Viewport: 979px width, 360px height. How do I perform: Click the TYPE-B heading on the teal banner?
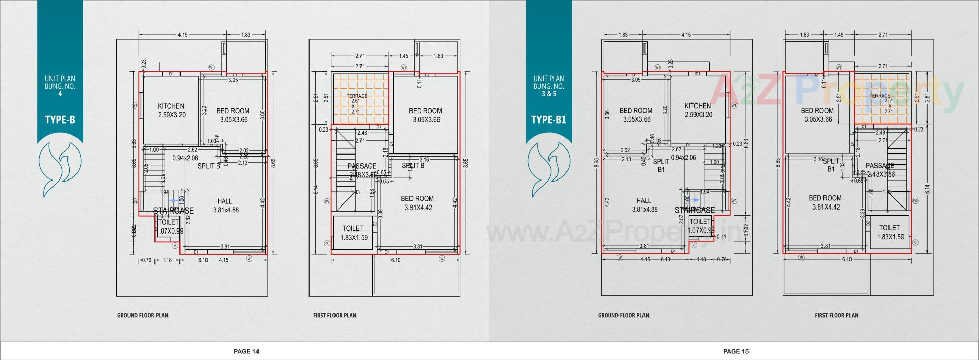pos(60,120)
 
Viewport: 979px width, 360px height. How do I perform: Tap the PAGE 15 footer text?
pos(736,351)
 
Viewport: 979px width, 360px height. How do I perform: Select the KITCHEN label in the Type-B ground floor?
pos(171,106)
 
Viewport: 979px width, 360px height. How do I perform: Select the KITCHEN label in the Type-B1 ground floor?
pos(698,106)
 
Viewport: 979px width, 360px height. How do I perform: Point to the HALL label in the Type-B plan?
pos(224,201)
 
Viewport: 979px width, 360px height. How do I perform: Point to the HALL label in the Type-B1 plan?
pos(644,201)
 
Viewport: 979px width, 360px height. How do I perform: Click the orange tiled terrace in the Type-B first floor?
pos(360,99)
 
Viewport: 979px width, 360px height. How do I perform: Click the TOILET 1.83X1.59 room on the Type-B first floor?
pos(353,234)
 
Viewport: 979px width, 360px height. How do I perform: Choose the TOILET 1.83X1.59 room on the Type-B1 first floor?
pos(889,233)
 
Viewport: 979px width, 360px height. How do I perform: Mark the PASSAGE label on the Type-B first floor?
pos(362,166)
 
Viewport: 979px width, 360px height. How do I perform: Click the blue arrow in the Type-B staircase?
pos(174,201)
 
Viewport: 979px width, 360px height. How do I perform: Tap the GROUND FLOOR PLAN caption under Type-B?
pos(143,315)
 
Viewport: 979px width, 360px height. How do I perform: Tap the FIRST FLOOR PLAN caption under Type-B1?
pos(837,315)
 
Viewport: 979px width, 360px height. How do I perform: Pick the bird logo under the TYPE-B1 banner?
pos(549,164)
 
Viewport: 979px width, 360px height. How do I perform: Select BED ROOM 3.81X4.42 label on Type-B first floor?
pos(417,203)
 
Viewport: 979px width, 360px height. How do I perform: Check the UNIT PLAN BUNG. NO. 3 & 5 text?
pos(549,86)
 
